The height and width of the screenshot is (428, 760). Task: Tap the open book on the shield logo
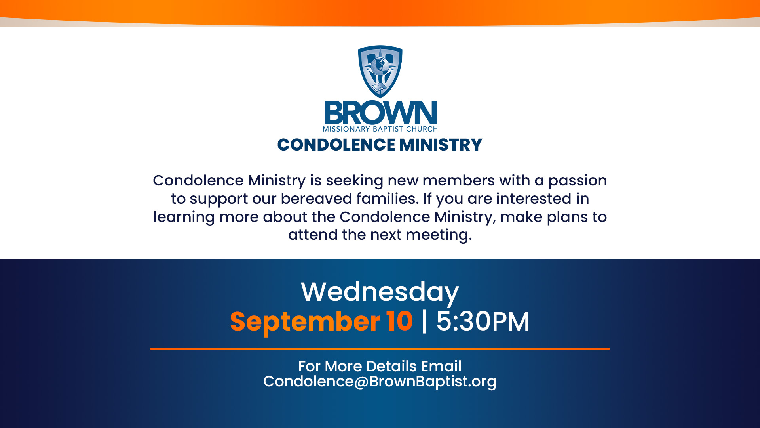click(380, 88)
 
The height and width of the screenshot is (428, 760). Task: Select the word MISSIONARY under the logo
click(346, 129)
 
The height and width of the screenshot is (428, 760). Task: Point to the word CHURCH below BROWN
click(422, 129)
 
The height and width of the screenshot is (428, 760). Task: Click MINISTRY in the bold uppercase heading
click(441, 145)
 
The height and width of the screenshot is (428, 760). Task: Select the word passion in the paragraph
click(578, 181)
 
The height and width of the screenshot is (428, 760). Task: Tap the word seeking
click(354, 181)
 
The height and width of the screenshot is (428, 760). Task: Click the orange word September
click(305, 322)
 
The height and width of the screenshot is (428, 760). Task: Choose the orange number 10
click(400, 321)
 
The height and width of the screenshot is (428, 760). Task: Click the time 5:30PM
click(483, 321)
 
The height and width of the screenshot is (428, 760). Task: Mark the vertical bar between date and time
click(424, 321)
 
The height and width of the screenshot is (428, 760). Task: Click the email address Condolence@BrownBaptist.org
click(380, 382)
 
